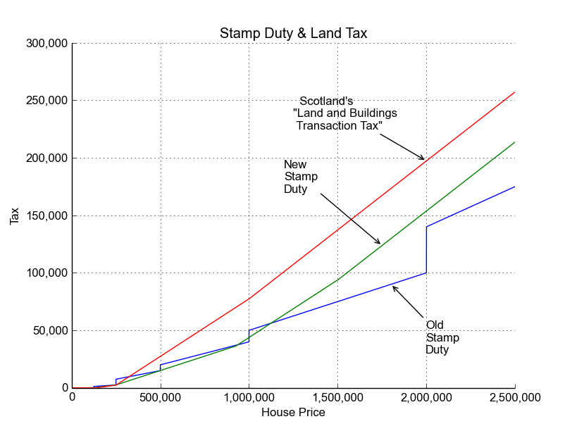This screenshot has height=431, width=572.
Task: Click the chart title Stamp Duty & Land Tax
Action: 293,33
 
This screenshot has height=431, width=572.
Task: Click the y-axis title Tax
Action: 15,216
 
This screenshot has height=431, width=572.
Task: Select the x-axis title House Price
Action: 293,413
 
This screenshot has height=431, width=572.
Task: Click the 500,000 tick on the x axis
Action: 161,398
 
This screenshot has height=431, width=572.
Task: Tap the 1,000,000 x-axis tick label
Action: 249,398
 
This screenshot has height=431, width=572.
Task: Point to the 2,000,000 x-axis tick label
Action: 426,398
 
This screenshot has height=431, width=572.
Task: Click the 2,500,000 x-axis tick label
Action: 515,398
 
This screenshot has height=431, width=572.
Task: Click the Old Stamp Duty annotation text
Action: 442,337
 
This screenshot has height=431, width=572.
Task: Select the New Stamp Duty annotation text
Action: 300,176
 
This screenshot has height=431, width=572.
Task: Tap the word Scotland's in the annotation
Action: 326,101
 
